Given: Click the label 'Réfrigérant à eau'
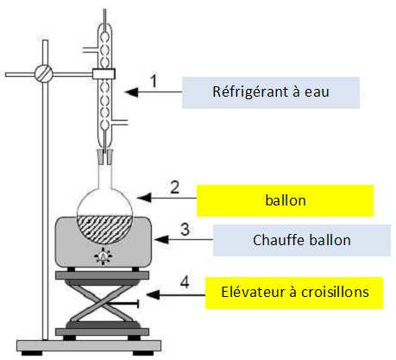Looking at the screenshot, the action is coord(271,92).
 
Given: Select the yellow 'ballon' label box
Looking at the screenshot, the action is coord(285,200).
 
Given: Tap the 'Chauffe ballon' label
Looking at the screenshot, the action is coord(302,240).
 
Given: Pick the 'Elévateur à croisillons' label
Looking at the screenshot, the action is coord(294,293).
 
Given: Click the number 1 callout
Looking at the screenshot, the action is coord(154,81).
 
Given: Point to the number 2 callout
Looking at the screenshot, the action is coord(175,187).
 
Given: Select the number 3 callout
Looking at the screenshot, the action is coord(185,230).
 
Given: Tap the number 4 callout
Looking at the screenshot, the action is coord(185,281).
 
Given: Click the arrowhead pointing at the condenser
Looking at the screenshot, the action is coord(131,92).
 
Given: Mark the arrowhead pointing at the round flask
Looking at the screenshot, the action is coord(144,198).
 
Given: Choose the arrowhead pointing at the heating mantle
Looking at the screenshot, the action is coord(161,239).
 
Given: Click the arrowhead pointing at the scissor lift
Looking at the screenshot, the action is coord(153,294).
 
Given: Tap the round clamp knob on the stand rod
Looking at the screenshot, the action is coord(44,73).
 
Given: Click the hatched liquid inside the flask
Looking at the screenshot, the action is coord(104,228).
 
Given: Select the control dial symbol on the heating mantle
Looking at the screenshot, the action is coord(104,256).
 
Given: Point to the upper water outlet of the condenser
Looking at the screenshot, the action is coord(91,50).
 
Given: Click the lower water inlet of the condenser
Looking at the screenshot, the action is coord(119,123).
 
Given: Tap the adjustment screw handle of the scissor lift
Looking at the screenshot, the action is coord(123,304).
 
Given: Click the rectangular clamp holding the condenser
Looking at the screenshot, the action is coord(104,74).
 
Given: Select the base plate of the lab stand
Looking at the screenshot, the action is coord(89,345).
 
